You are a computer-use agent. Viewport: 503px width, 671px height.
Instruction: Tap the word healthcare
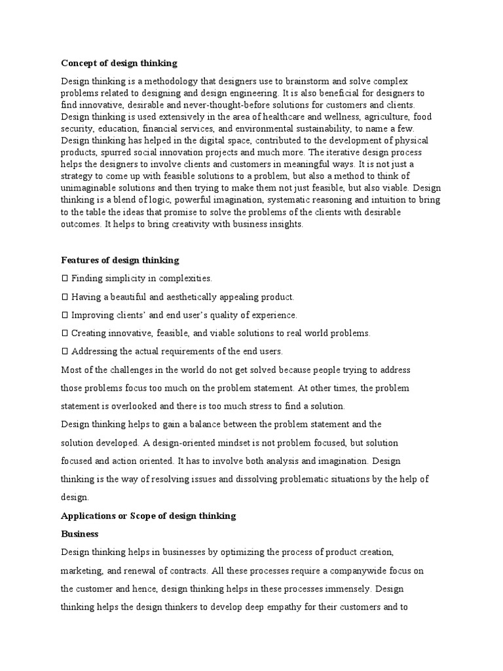click(x=261, y=117)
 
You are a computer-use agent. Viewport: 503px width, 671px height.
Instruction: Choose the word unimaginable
click(x=90, y=187)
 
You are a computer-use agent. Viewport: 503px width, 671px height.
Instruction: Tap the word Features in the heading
click(x=79, y=260)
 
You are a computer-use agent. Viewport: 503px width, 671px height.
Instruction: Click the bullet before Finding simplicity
click(x=64, y=278)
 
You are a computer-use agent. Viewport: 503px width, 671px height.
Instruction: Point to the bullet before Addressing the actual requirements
click(x=64, y=351)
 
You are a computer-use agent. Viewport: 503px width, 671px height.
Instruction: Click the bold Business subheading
click(x=79, y=534)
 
